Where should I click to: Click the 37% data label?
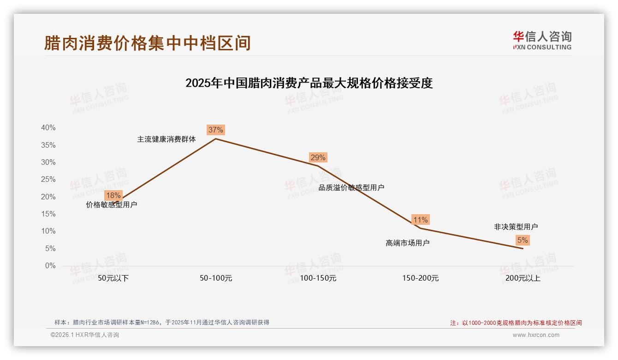tap(215, 130)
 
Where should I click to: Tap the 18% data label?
tap(113, 195)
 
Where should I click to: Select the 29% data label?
tap(318, 157)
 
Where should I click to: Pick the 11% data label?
tap(420, 220)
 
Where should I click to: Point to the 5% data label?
tap(523, 240)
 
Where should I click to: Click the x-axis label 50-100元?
tap(216, 278)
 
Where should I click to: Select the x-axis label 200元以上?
tap(523, 278)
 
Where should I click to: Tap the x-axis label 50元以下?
tap(113, 278)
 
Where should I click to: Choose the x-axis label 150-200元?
tap(420, 278)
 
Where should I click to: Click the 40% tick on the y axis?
tap(48, 128)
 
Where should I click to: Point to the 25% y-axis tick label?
tap(48, 180)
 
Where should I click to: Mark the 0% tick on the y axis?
tap(50, 266)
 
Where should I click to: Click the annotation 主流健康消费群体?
tap(166, 139)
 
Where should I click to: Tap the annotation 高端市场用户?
tap(407, 243)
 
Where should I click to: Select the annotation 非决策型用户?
tap(516, 227)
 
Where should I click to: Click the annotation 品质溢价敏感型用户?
tap(351, 187)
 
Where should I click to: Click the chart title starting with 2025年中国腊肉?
tap(309, 83)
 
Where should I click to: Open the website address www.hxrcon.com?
tap(536, 335)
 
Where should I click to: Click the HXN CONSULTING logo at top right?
tap(542, 40)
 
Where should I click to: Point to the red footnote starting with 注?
tap(516, 323)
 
